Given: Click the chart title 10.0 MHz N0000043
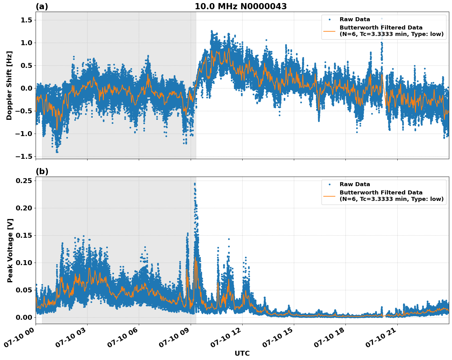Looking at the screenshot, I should click(240, 6).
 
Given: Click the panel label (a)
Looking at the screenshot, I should click(42, 6).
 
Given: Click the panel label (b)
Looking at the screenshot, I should click(42, 171).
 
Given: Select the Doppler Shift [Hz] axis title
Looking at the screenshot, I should click(9, 85).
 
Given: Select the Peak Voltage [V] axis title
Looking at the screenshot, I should click(10, 250).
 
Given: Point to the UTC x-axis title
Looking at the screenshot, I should click(242, 353).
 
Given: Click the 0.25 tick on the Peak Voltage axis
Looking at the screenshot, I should click(24, 181).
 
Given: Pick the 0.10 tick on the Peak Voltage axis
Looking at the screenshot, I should click(24, 263).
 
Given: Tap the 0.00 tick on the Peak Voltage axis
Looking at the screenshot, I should click(24, 317).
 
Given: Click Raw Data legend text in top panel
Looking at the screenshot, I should click(355, 19).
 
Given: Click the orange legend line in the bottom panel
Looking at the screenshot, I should click(329, 196).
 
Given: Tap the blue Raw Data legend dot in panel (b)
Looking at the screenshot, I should click(329, 184).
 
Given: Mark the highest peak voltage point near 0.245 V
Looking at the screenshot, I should click(195, 184).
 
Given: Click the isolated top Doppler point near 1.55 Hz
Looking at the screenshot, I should click(382, 18).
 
